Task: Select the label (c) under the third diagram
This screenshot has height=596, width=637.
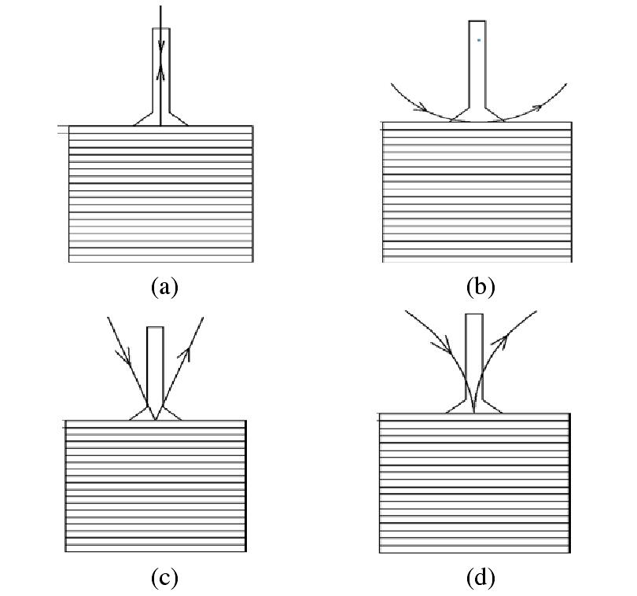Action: [x=164, y=578]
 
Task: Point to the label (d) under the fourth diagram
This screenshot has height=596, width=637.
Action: [x=481, y=578]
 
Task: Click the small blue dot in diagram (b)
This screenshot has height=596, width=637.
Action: [x=478, y=39]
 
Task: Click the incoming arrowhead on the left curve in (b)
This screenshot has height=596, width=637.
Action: [x=422, y=107]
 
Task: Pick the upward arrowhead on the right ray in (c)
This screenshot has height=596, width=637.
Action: [x=186, y=355]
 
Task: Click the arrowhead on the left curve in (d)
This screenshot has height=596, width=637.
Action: [x=447, y=345]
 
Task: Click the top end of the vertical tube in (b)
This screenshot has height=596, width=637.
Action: [x=477, y=21]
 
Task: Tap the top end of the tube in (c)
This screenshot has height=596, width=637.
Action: [x=156, y=328]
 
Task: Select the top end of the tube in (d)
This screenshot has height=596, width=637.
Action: [x=474, y=315]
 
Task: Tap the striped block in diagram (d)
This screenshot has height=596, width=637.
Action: [x=474, y=483]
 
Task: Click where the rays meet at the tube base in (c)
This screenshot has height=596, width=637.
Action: [x=156, y=419]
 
